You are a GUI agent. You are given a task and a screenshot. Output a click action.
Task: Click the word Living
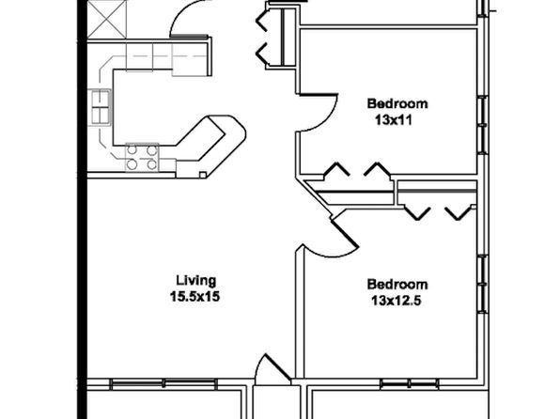(x=196, y=281)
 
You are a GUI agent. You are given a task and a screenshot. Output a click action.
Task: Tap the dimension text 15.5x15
(x=194, y=297)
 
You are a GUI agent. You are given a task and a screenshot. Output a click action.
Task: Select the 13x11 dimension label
(x=394, y=120)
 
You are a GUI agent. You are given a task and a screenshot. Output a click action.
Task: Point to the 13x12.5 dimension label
(x=397, y=301)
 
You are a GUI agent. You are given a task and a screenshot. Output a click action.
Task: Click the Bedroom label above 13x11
(x=397, y=103)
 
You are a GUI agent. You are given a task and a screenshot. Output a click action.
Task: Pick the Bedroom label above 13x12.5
(x=397, y=285)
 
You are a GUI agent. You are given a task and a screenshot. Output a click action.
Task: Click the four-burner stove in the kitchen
(x=142, y=157)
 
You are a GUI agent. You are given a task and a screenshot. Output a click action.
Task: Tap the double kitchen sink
(x=100, y=107)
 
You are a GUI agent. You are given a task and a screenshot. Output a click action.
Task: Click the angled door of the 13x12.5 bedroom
(x=345, y=234)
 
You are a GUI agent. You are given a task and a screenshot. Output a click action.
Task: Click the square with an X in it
(x=107, y=19)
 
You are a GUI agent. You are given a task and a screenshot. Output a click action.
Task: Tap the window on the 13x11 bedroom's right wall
(x=483, y=124)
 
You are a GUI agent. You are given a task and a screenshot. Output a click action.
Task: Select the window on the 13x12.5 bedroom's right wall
(x=483, y=284)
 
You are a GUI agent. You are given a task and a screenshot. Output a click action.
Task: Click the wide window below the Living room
(x=163, y=384)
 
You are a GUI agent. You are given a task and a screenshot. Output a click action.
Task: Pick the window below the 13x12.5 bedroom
(x=410, y=384)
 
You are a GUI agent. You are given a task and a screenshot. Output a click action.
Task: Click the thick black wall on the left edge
(x=82, y=209)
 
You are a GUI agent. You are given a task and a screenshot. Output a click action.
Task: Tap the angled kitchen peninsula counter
(x=210, y=147)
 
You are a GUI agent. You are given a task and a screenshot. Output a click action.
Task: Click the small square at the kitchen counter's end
(x=203, y=175)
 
